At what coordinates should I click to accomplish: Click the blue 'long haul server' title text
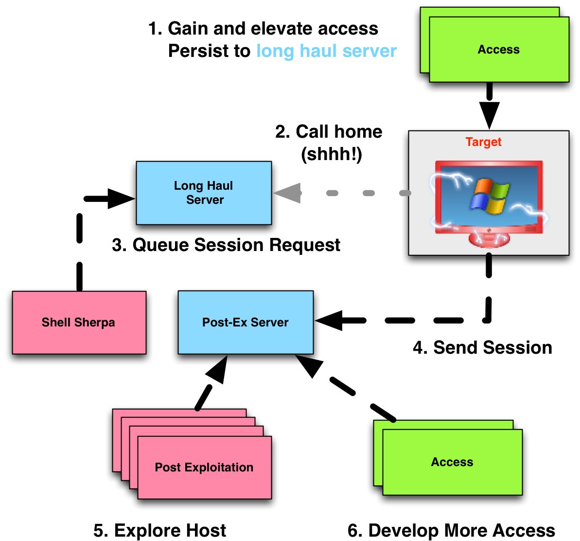tap(326, 51)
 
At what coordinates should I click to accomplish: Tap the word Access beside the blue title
tap(498, 50)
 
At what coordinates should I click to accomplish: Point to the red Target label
tap(483, 142)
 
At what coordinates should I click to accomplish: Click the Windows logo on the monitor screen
tap(490, 197)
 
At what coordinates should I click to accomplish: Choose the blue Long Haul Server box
tap(204, 193)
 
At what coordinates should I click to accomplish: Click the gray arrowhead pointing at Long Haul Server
tap(287, 193)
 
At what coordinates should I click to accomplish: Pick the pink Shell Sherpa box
tap(79, 322)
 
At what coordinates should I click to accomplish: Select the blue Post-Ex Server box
tap(246, 322)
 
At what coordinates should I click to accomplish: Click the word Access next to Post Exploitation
tap(452, 462)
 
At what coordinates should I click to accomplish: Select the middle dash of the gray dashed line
tap(369, 193)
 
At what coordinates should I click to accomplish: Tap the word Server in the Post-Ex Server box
tap(269, 323)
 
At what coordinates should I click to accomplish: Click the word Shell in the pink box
tap(56, 323)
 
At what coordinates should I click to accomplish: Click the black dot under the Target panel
tap(489, 254)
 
